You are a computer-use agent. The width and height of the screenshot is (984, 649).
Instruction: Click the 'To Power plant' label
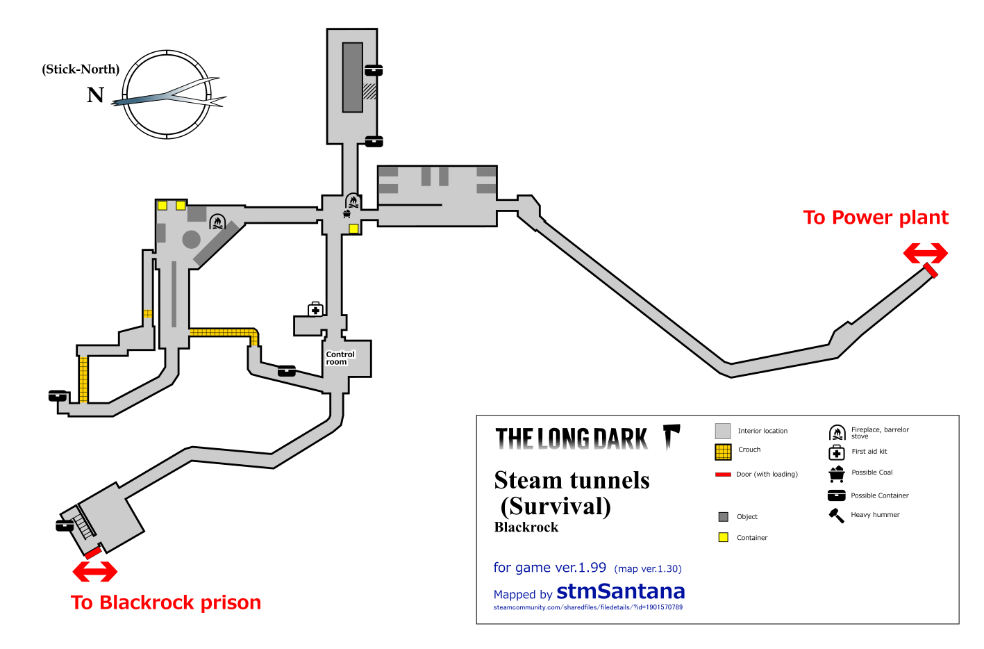pos(875,217)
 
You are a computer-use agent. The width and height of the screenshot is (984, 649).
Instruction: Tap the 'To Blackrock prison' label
pos(166,602)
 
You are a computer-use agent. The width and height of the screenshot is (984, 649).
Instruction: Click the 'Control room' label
pos(340,358)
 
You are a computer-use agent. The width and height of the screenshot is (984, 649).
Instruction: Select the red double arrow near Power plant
pos(925,254)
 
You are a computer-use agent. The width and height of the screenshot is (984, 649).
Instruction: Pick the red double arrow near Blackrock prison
pos(95,572)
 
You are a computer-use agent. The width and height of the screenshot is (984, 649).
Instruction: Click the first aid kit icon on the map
pos(315,309)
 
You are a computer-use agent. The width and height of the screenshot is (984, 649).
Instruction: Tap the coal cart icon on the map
pos(347,214)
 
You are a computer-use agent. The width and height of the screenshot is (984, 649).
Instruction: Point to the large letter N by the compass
pos(95,95)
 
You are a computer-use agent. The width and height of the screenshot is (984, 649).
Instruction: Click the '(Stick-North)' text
pos(81,69)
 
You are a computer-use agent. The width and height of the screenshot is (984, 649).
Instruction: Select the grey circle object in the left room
pos(191,240)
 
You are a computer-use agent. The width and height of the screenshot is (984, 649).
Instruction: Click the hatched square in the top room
pos(369,91)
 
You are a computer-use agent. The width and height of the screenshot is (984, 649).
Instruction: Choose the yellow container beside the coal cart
pos(353,229)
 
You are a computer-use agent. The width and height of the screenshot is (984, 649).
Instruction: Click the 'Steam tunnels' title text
pos(572,480)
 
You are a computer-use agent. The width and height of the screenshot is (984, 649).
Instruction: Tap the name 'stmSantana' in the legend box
pos(620,591)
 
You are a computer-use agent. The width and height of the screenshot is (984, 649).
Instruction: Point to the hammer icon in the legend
pos(836,516)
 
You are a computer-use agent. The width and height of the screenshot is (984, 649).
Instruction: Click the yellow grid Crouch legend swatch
pos(723,452)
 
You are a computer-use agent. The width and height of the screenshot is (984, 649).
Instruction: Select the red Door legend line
pos(723,475)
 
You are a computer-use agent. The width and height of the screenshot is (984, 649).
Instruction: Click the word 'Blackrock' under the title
pos(526,527)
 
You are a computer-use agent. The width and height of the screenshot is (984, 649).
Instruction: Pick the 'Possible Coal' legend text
pos(872,473)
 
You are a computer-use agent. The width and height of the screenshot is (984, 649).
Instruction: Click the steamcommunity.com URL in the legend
pos(587,607)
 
